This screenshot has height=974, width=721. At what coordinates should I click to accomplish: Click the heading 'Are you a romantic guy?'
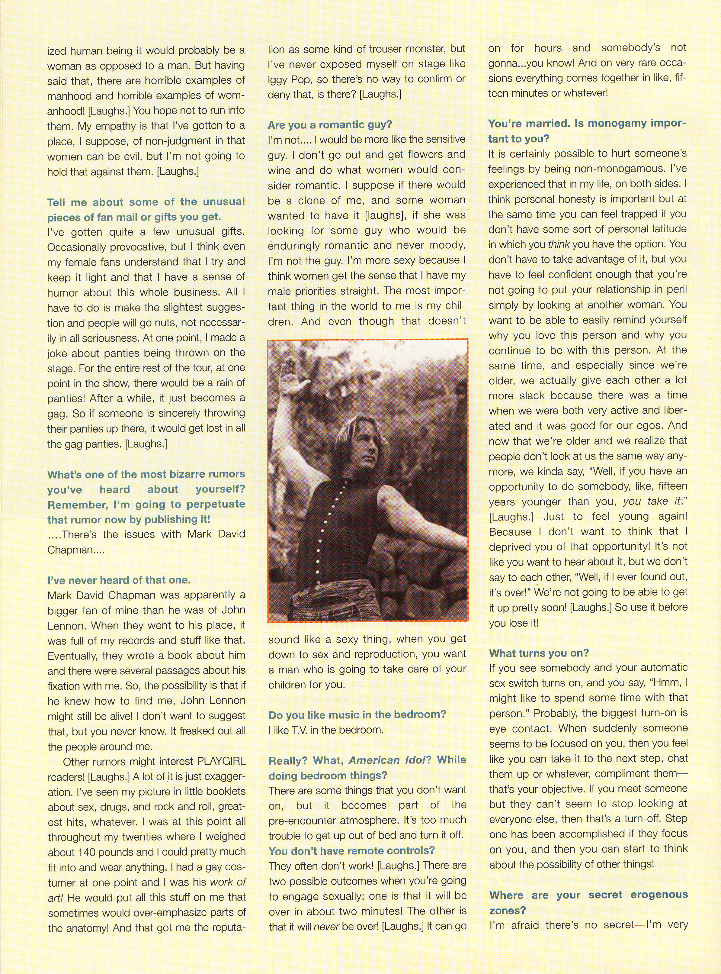pos(330,125)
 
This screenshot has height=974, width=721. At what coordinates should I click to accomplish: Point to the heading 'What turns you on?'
pos(539,653)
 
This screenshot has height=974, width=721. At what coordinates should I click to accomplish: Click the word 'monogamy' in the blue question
pos(615,124)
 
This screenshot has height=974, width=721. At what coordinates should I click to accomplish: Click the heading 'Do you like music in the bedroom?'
pos(357,714)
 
